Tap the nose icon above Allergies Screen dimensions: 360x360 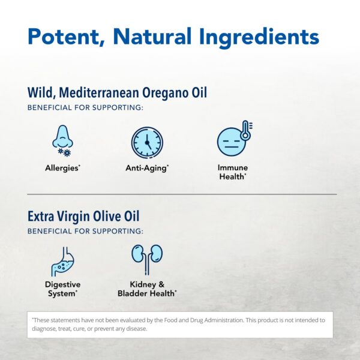click(62, 141)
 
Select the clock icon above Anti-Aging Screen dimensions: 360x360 click(147, 142)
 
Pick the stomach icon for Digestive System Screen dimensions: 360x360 click(62, 260)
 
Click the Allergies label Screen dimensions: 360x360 click(62, 168)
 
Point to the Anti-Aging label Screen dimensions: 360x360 click(147, 168)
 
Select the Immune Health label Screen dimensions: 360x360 click(233, 172)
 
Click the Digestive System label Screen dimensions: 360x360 click(62, 289)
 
